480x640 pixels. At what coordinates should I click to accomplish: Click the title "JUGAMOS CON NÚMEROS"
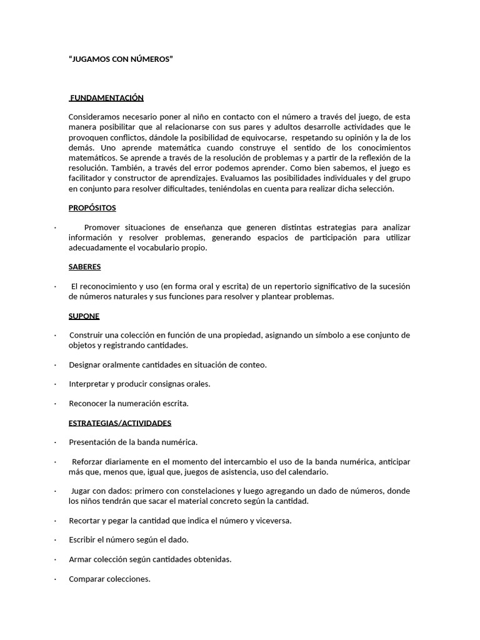(x=120, y=59)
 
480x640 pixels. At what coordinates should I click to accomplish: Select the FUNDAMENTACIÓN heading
(x=107, y=97)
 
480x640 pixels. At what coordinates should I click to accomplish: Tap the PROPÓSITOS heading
(x=92, y=207)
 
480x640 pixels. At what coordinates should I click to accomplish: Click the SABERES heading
(x=84, y=266)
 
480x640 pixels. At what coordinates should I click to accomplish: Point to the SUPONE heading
(x=84, y=316)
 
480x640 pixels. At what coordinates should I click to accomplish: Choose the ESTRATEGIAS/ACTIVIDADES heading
(x=119, y=422)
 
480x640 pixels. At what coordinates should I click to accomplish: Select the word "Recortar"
(x=86, y=520)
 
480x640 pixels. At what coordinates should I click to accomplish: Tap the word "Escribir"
(x=84, y=539)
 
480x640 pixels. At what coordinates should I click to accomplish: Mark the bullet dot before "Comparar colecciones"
(x=55, y=579)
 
